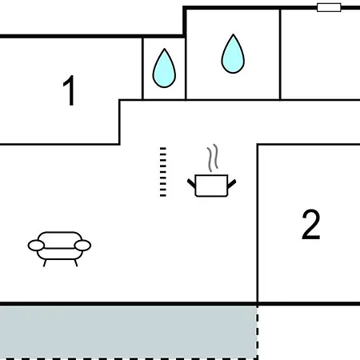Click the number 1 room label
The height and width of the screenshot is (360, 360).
click(69, 90)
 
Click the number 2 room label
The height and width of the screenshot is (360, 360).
click(311, 225)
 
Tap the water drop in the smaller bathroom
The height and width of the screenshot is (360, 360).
click(164, 68)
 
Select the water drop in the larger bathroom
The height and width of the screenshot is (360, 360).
click(233, 54)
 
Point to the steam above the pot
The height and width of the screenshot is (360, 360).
click(213, 158)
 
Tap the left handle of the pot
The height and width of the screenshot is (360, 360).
click(191, 183)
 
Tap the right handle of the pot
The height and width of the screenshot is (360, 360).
click(232, 183)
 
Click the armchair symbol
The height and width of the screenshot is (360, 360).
click(59, 249)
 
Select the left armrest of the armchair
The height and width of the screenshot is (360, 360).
click(36, 246)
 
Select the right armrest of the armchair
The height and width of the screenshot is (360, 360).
click(82, 246)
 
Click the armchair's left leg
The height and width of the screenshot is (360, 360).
click(45, 263)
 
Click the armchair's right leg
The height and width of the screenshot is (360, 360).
click(76, 263)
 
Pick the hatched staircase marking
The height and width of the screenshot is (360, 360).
click(163, 172)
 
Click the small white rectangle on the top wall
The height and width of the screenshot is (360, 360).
click(329, 7)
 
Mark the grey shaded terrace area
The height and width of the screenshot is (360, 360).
click(129, 332)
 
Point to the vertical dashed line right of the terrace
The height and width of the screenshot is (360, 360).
click(258, 332)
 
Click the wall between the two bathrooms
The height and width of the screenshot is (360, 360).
click(186, 68)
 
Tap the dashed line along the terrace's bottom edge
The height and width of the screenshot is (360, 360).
click(129, 359)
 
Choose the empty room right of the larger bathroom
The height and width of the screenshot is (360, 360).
click(320, 54)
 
